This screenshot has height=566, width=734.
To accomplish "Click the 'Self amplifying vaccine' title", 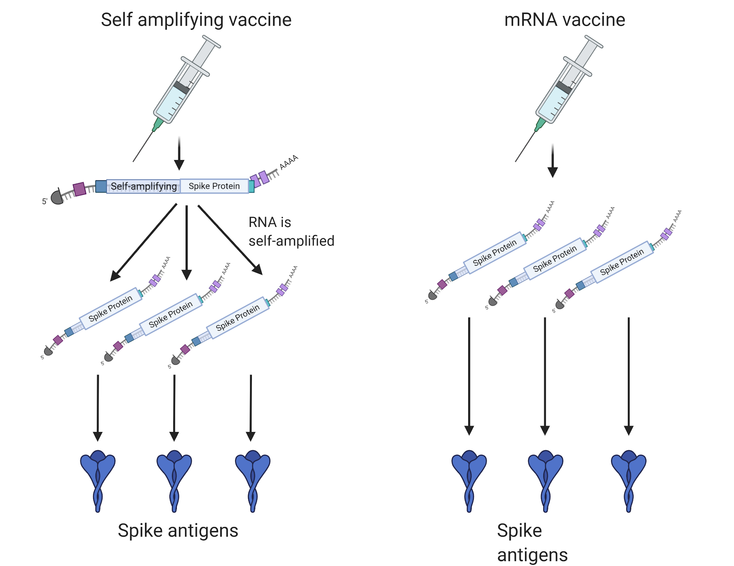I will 196,19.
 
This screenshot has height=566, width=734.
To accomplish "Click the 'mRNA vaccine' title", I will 564,19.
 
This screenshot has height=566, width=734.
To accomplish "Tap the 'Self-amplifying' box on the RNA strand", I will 143,186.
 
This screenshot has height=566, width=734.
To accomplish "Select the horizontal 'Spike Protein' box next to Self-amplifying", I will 214,186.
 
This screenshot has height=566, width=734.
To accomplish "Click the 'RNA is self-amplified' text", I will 291,232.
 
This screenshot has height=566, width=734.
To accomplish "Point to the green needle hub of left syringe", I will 158,124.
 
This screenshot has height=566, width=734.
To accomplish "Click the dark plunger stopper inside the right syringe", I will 564,87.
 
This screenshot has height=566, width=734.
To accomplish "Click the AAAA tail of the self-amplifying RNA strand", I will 289,162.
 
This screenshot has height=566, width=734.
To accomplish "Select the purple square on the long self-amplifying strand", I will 79,189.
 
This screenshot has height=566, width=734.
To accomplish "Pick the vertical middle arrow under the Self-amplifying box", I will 187,242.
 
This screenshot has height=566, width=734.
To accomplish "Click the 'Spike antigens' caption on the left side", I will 178,531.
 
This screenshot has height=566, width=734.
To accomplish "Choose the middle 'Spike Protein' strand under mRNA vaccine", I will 555,258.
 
